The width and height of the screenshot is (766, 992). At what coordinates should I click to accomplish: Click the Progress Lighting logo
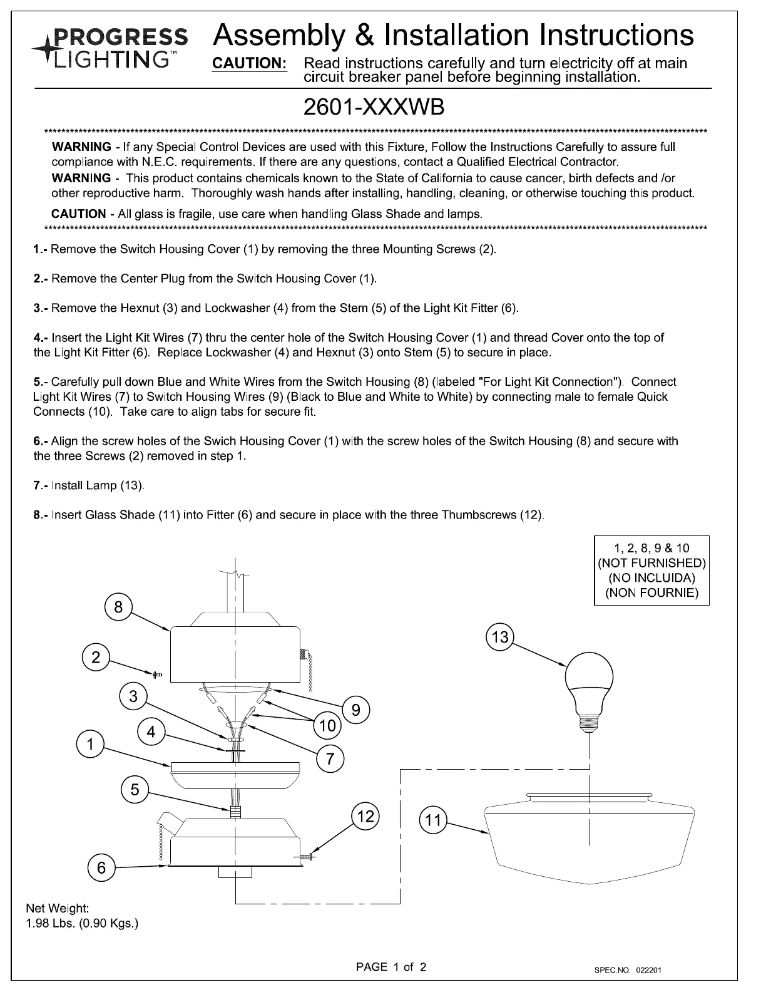click(x=109, y=48)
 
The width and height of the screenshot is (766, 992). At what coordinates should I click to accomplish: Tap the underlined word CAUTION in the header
click(x=250, y=64)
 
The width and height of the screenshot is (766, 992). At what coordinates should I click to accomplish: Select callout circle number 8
click(x=118, y=607)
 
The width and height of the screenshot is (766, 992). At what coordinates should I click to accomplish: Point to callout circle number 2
click(x=96, y=657)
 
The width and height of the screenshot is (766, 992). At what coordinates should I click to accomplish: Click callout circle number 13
click(x=500, y=638)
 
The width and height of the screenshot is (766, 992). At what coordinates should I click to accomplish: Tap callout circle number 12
click(x=365, y=816)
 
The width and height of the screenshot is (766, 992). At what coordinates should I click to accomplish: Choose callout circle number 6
click(x=101, y=868)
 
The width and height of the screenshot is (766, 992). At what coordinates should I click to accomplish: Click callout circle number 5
click(x=135, y=790)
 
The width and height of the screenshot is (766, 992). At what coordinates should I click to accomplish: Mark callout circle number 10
click(x=327, y=726)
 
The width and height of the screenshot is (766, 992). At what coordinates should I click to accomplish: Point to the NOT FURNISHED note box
click(x=651, y=570)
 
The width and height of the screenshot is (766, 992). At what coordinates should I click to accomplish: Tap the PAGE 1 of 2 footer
click(x=391, y=967)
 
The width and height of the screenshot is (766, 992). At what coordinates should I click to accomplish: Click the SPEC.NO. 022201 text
click(x=628, y=971)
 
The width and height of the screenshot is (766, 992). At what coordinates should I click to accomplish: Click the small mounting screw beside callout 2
click(x=157, y=674)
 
